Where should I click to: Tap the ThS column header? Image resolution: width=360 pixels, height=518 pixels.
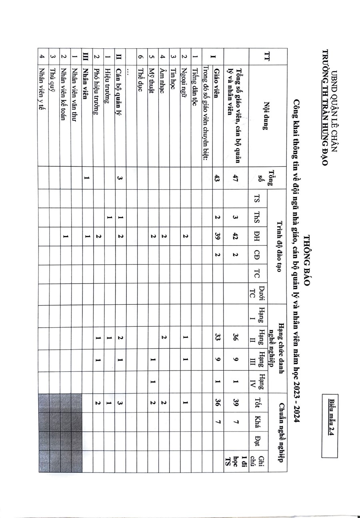[x=258, y=218]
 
